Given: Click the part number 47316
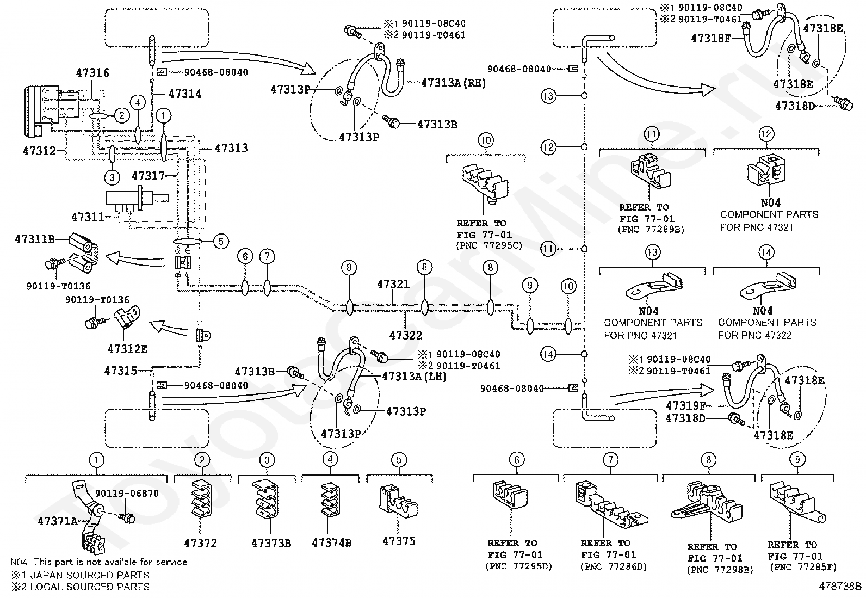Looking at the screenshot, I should (x=92, y=73).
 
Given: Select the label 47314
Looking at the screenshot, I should (x=184, y=94).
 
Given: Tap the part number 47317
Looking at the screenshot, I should (x=148, y=176).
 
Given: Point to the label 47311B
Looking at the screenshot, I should (x=34, y=239).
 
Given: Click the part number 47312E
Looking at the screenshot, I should (x=127, y=349).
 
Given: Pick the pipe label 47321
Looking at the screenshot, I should (x=393, y=284).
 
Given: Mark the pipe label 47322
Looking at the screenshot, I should (x=406, y=335).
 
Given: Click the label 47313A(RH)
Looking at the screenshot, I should (x=453, y=83).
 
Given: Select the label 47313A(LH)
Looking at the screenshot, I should (x=414, y=376).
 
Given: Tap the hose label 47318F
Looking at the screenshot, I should (x=710, y=38).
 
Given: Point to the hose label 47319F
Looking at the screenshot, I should (x=686, y=405).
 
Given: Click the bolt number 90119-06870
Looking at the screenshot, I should (x=127, y=494).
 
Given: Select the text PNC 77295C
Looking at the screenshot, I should (x=489, y=246).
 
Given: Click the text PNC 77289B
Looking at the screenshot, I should (x=651, y=230).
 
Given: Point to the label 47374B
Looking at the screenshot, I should (x=331, y=542).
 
